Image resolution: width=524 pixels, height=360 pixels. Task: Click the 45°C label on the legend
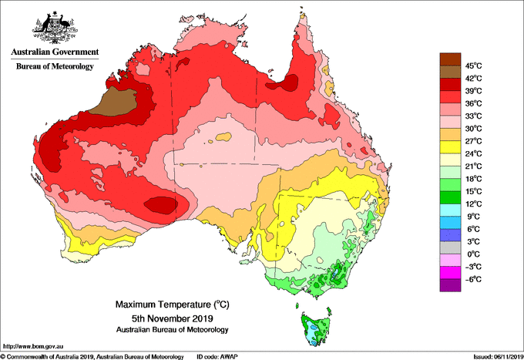point(474,66)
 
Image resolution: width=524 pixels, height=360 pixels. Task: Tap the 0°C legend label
point(474,254)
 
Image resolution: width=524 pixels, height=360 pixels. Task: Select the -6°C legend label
point(473,279)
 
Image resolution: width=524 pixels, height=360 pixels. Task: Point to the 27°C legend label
point(474,141)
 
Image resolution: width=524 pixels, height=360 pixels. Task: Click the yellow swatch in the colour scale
point(450,147)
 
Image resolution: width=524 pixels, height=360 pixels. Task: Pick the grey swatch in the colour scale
point(450,247)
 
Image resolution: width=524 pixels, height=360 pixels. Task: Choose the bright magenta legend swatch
point(450,273)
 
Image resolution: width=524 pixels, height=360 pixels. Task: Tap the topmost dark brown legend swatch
point(450,59)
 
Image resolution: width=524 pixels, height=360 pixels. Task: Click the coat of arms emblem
point(55,28)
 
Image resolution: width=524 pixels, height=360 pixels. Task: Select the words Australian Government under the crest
point(55,52)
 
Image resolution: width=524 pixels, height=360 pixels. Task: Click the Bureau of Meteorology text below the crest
point(55,66)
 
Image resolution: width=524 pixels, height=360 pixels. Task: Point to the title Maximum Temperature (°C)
point(173,304)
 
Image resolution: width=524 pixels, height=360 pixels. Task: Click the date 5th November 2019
point(173,318)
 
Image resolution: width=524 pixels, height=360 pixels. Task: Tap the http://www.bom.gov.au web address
point(33,346)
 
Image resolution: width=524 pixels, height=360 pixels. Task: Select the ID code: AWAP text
point(217,357)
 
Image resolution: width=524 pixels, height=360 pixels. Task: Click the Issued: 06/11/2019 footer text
point(499,357)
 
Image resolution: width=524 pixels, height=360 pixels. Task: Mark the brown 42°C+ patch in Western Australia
point(116,102)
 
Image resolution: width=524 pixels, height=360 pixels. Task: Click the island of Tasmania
point(316,329)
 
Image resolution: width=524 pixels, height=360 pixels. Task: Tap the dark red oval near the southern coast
point(161,205)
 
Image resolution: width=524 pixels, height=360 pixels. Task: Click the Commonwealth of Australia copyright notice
point(92,357)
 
